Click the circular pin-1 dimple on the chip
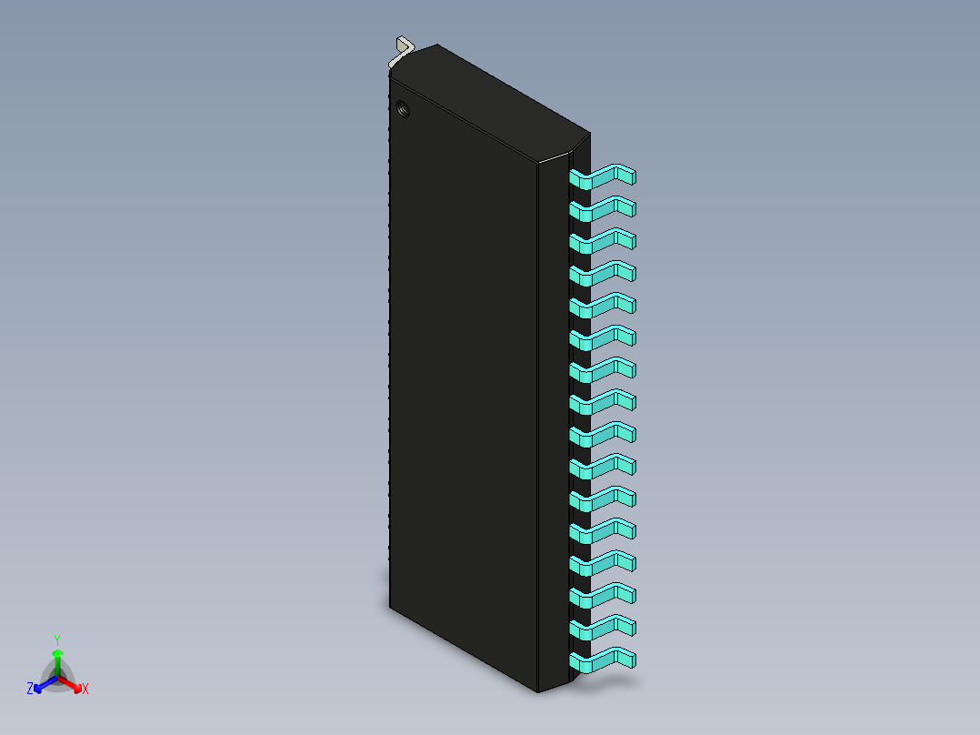404,111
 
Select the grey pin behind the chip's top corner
401,47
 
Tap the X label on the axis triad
85,690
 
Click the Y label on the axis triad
56,639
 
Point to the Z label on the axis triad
30,690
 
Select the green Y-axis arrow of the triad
56,659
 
